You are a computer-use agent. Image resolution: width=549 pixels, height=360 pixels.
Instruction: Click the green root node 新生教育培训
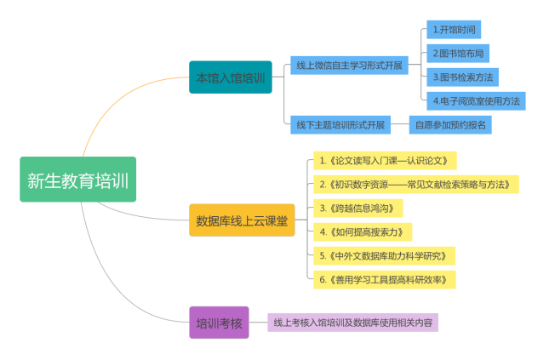click(77, 180)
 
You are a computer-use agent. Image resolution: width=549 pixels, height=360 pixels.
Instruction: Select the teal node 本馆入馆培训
click(230, 77)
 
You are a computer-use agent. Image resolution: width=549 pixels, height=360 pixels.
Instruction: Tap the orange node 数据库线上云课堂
click(242, 220)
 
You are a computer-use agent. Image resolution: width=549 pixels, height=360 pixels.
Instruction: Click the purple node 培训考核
click(219, 323)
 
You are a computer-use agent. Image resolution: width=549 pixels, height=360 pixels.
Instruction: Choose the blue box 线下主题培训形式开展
click(340, 124)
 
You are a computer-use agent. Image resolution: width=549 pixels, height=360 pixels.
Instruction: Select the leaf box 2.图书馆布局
click(460, 53)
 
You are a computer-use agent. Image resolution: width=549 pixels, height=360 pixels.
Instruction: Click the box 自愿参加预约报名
click(449, 124)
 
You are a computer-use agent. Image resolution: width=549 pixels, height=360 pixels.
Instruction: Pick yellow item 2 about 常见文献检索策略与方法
click(415, 184)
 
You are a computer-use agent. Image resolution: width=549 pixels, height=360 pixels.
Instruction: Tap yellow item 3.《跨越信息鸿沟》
click(357, 208)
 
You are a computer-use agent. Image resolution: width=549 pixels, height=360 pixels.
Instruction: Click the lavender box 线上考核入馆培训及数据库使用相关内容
click(352, 323)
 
